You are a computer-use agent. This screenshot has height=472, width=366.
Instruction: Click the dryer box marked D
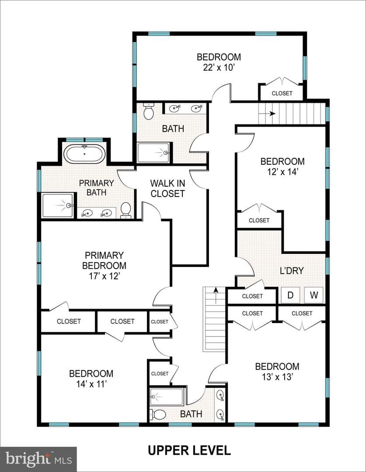tap(290, 295)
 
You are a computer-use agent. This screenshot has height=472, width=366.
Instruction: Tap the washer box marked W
tap(314, 295)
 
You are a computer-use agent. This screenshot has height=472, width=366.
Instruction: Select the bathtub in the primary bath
tap(84, 154)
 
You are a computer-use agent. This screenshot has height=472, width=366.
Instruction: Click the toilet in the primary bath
tap(125, 210)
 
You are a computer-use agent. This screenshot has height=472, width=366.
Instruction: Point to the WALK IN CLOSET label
tap(167, 188)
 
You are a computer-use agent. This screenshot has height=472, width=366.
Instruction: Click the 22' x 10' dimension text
tap(219, 67)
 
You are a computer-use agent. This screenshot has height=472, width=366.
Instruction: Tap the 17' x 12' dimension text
tap(105, 276)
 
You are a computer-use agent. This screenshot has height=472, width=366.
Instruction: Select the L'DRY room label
tap(292, 271)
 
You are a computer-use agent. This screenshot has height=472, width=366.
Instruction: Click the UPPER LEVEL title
tap(189, 450)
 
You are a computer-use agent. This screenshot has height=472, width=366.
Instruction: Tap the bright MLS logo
tap(38, 459)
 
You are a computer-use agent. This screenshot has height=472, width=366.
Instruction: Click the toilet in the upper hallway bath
tap(148, 111)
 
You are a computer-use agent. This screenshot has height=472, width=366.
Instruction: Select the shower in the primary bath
tap(58, 205)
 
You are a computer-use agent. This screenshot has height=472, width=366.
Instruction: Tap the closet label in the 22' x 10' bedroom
tap(282, 94)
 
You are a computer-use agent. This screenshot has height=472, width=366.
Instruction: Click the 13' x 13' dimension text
tap(277, 377)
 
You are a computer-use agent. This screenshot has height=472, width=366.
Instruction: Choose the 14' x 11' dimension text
tap(91, 384)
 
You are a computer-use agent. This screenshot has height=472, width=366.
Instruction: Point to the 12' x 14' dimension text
tap(282, 172)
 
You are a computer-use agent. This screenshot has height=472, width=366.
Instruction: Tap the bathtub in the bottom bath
tap(167, 397)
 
